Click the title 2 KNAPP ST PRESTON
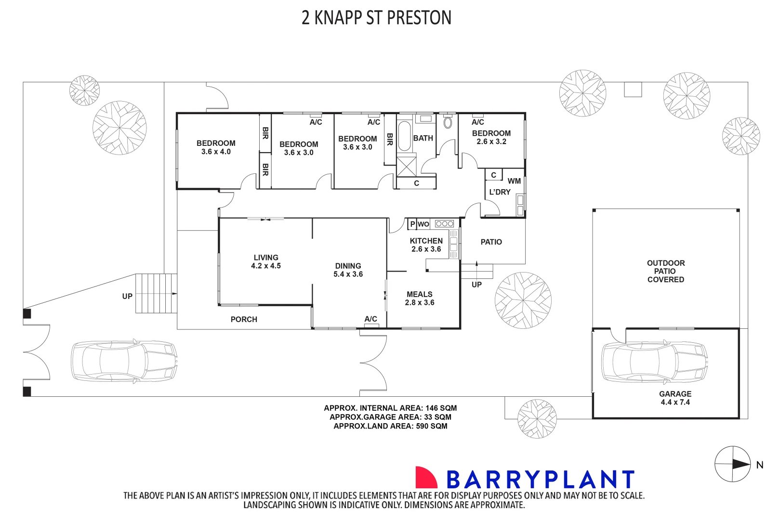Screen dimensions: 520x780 click(x=376, y=18)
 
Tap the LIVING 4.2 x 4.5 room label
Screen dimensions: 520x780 click(x=265, y=261)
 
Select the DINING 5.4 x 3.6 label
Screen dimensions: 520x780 click(x=348, y=270)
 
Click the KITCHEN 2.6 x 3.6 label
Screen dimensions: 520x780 click(x=426, y=245)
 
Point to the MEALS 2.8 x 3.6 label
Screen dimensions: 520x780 click(x=419, y=299)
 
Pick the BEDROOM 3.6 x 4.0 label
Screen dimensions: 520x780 click(x=216, y=147)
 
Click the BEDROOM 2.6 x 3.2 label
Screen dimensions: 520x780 click(x=491, y=137)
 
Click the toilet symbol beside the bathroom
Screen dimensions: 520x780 click(x=448, y=122)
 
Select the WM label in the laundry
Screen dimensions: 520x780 click(x=514, y=181)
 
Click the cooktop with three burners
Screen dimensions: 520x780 click(x=444, y=223)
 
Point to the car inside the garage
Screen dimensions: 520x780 click(x=654, y=362)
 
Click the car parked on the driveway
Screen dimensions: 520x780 click(x=124, y=362)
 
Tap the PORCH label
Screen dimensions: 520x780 click(x=244, y=319)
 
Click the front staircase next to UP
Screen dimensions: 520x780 click(x=156, y=293)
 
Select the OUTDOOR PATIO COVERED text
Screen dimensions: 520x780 click(x=665, y=271)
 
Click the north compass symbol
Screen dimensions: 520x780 click(x=733, y=464)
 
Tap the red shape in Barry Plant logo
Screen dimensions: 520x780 click(x=425, y=477)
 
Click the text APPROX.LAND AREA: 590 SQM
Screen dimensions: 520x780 click(x=390, y=426)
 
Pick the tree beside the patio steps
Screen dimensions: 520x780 click(x=523, y=300)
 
